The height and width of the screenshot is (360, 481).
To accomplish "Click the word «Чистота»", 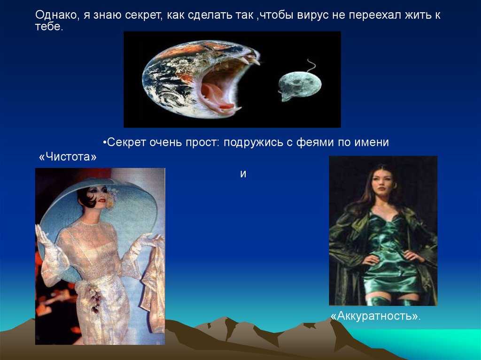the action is pos(68,157).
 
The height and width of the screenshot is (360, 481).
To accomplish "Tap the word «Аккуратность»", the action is pos(375,316).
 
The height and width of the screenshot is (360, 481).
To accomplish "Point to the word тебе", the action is pos(49,26).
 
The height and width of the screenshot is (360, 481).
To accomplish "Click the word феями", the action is pos(315,142).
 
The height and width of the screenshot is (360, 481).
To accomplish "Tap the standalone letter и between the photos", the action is pos(243,174).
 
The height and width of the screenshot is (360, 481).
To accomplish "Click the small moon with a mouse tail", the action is pos(300,84).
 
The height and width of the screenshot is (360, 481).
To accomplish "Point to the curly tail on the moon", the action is pos(311,66).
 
